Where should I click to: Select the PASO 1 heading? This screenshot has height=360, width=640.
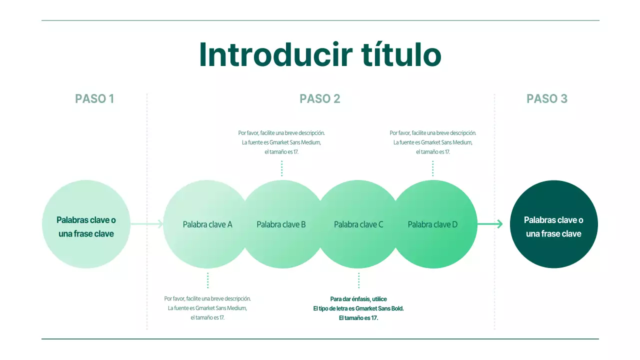[94, 99]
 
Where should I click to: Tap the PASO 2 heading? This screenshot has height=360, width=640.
[320, 99]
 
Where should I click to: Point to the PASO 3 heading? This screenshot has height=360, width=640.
[547, 99]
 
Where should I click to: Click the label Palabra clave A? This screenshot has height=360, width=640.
[207, 224]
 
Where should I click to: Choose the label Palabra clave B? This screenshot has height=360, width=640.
[281, 224]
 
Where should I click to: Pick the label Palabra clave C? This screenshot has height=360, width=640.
[358, 224]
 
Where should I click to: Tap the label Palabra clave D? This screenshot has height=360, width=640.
[432, 224]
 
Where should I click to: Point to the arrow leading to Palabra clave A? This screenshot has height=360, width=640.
[147, 224]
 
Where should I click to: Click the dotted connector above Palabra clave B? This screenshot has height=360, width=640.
[281, 168]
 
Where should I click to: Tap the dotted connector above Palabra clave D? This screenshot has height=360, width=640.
[432, 168]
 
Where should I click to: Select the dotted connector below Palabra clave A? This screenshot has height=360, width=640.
[207, 280]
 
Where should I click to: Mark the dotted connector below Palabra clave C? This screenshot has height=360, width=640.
[358, 280]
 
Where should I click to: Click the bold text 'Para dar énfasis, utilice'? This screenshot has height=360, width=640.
[358, 299]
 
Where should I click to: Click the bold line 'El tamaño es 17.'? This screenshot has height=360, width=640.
[358, 318]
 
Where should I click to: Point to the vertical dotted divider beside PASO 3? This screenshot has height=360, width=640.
[494, 210]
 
